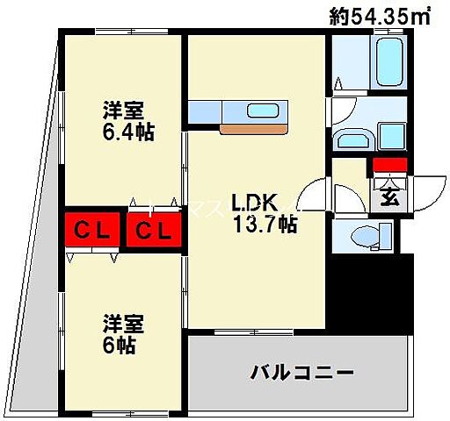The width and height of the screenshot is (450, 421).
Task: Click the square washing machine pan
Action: click(390, 137)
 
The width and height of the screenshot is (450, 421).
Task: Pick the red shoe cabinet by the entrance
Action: click(389, 165)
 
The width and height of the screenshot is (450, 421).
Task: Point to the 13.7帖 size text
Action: click(264, 225)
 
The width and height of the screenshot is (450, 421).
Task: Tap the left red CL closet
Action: click(91, 232)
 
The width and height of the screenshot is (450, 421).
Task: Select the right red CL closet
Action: click(153, 232)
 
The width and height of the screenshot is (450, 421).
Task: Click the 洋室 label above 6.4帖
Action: click(123, 112)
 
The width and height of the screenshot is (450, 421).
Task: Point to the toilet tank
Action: click(385, 235)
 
